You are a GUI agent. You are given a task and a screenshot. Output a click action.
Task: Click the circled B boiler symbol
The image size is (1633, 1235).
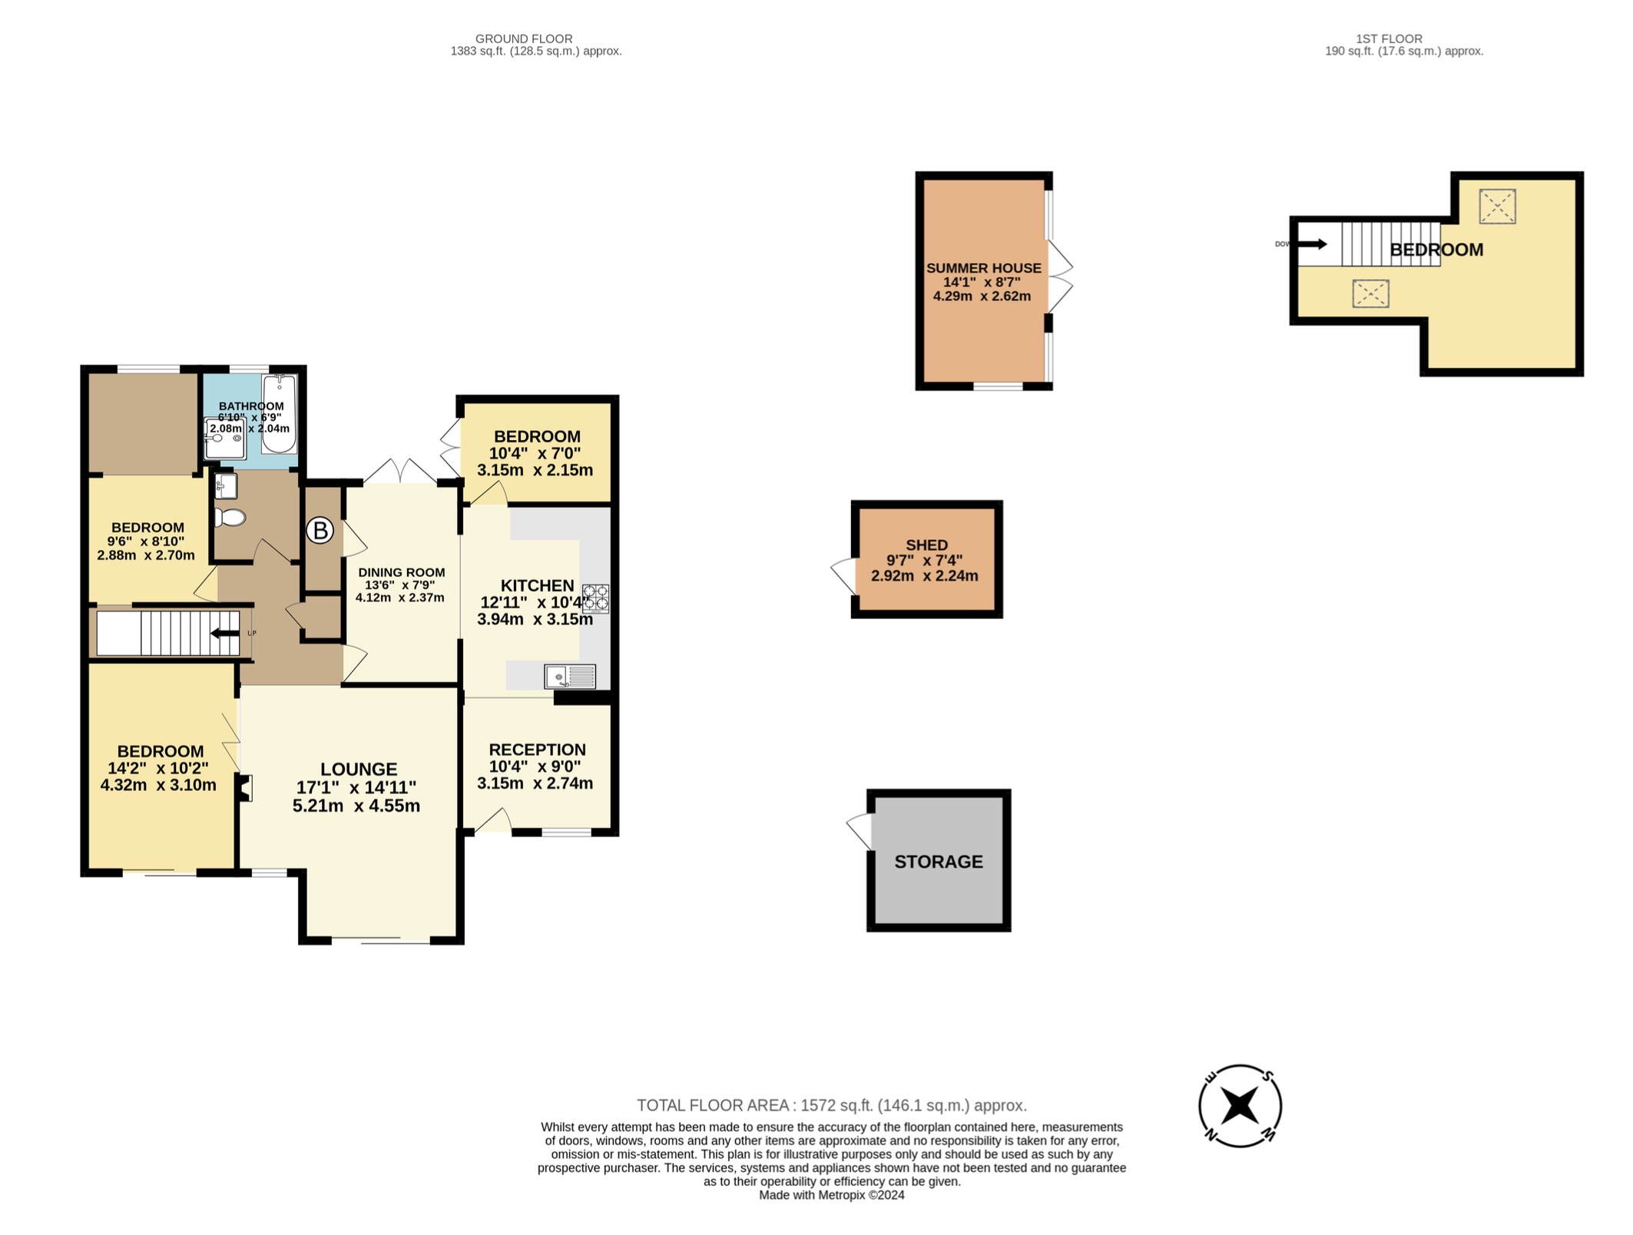(x=320, y=530)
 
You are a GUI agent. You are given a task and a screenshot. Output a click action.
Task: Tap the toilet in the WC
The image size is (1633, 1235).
(x=228, y=517)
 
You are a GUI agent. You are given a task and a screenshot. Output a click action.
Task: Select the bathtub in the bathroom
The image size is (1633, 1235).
(x=279, y=414)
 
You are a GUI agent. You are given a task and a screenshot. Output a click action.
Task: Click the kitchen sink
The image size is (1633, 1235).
(x=570, y=677)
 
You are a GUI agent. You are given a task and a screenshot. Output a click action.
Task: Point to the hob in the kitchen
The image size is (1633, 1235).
(x=596, y=598)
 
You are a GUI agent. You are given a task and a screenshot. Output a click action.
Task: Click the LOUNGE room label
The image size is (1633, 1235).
(x=359, y=769)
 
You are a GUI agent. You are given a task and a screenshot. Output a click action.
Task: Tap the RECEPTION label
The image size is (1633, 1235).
(x=537, y=750)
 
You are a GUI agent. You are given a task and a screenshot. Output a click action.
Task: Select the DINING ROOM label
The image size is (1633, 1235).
(x=401, y=572)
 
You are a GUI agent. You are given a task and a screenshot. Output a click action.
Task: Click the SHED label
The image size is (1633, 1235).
(x=926, y=545)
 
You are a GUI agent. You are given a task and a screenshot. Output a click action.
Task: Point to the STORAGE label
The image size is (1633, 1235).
(x=939, y=862)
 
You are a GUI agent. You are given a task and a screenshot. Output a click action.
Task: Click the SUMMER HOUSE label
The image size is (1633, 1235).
(x=984, y=268)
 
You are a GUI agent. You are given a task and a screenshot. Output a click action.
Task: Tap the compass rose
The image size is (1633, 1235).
(x=1240, y=1106)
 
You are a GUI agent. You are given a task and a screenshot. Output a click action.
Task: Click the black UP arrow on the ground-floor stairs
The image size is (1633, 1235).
(x=225, y=634)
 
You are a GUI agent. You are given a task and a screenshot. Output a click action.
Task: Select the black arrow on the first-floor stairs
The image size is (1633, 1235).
(x=1312, y=244)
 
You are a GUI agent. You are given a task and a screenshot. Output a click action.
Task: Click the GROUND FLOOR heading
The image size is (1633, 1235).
(x=524, y=38)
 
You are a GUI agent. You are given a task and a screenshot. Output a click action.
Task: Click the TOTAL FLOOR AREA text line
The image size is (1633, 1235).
(x=832, y=1105)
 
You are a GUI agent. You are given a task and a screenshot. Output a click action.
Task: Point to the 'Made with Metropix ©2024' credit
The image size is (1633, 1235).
(x=832, y=1195)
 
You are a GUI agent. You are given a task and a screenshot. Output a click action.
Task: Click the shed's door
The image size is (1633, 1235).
(x=843, y=576)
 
